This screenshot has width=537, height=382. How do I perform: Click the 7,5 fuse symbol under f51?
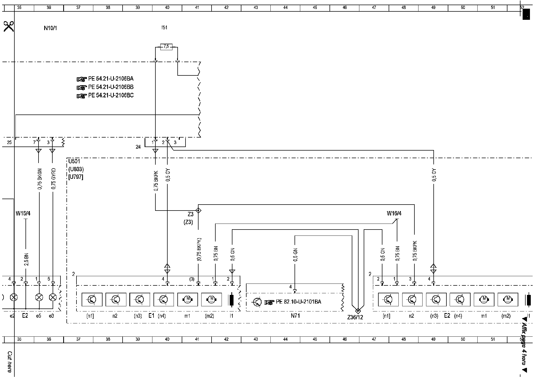(166, 47)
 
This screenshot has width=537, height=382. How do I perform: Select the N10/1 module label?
(50, 28)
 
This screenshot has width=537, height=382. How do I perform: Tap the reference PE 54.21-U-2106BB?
(111, 87)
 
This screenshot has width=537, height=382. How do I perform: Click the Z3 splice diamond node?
(199, 210)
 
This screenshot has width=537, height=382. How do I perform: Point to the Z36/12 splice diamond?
(358, 310)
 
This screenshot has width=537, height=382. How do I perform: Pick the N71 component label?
(295, 316)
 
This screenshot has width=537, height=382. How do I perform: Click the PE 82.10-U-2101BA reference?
(298, 302)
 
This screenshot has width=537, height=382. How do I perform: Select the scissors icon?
(9, 26)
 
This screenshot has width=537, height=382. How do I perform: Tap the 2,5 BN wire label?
(26, 259)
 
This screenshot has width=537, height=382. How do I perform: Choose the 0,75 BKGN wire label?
(40, 179)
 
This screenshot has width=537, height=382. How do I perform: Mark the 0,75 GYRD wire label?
(53, 179)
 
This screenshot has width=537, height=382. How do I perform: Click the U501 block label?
(74, 161)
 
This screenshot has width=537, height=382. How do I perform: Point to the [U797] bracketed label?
(76, 177)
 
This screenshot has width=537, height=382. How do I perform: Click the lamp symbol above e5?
(39, 298)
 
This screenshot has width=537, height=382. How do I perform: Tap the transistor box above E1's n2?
(116, 299)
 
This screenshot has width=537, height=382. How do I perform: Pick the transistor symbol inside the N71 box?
(257, 302)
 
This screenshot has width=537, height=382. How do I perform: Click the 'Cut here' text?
(10, 362)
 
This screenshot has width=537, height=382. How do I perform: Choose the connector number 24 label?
(138, 147)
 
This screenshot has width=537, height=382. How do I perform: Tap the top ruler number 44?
(285, 8)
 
